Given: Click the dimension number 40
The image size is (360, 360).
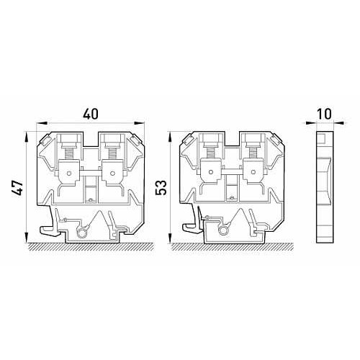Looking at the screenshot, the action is (91, 114).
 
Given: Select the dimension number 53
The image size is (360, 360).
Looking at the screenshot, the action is (161, 188).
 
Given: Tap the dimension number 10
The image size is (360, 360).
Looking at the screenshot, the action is (325, 114).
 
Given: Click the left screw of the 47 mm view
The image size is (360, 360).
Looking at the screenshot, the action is (69, 153).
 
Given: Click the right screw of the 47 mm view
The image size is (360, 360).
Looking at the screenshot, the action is (112, 153).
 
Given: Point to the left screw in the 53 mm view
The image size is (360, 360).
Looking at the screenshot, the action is (210, 153).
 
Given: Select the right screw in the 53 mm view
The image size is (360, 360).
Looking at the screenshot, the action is (253, 153).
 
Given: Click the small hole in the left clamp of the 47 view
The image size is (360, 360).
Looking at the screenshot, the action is (69, 173).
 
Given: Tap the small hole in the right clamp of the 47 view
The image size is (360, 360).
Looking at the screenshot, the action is (112, 173).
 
